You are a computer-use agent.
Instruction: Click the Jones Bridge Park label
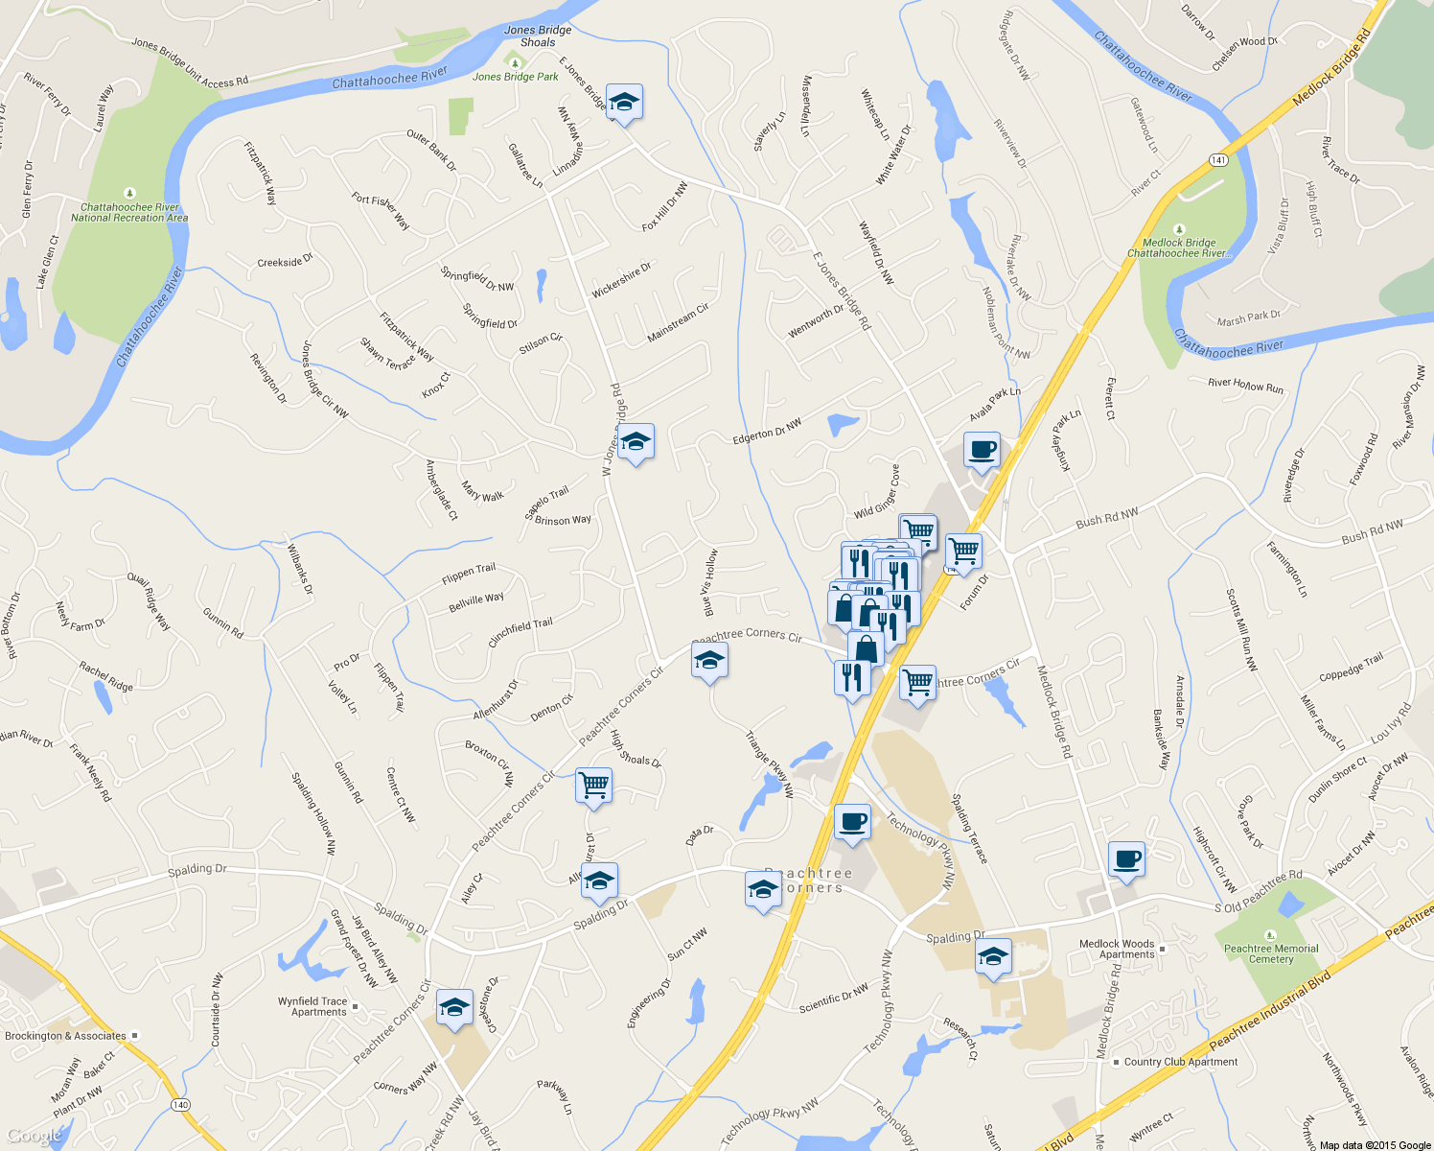(515, 77)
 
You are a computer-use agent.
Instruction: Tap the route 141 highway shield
(1218, 158)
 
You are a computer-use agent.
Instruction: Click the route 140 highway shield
(180, 1105)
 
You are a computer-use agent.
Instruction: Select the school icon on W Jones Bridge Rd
(636, 443)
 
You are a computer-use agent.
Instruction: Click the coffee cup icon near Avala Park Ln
(982, 449)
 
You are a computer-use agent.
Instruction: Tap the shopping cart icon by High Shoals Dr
(593, 785)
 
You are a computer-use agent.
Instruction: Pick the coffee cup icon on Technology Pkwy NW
(852, 822)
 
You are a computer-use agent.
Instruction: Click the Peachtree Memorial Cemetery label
(1271, 953)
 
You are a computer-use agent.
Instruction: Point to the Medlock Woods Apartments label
(1117, 949)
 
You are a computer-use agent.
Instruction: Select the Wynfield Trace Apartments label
(312, 1006)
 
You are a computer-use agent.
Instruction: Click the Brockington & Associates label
(65, 1036)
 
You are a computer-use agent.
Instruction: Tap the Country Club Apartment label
(1180, 1062)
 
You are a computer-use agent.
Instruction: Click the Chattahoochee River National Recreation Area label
(129, 212)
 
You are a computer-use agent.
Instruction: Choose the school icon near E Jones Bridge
(624, 102)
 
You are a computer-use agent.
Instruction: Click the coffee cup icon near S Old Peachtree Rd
(1127, 858)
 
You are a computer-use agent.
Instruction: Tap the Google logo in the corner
(35, 1136)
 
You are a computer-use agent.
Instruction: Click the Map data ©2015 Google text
(1375, 1145)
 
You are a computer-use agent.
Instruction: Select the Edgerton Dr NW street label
(767, 431)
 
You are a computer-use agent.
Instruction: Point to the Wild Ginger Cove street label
(877, 492)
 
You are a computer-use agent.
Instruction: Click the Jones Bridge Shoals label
(538, 36)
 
